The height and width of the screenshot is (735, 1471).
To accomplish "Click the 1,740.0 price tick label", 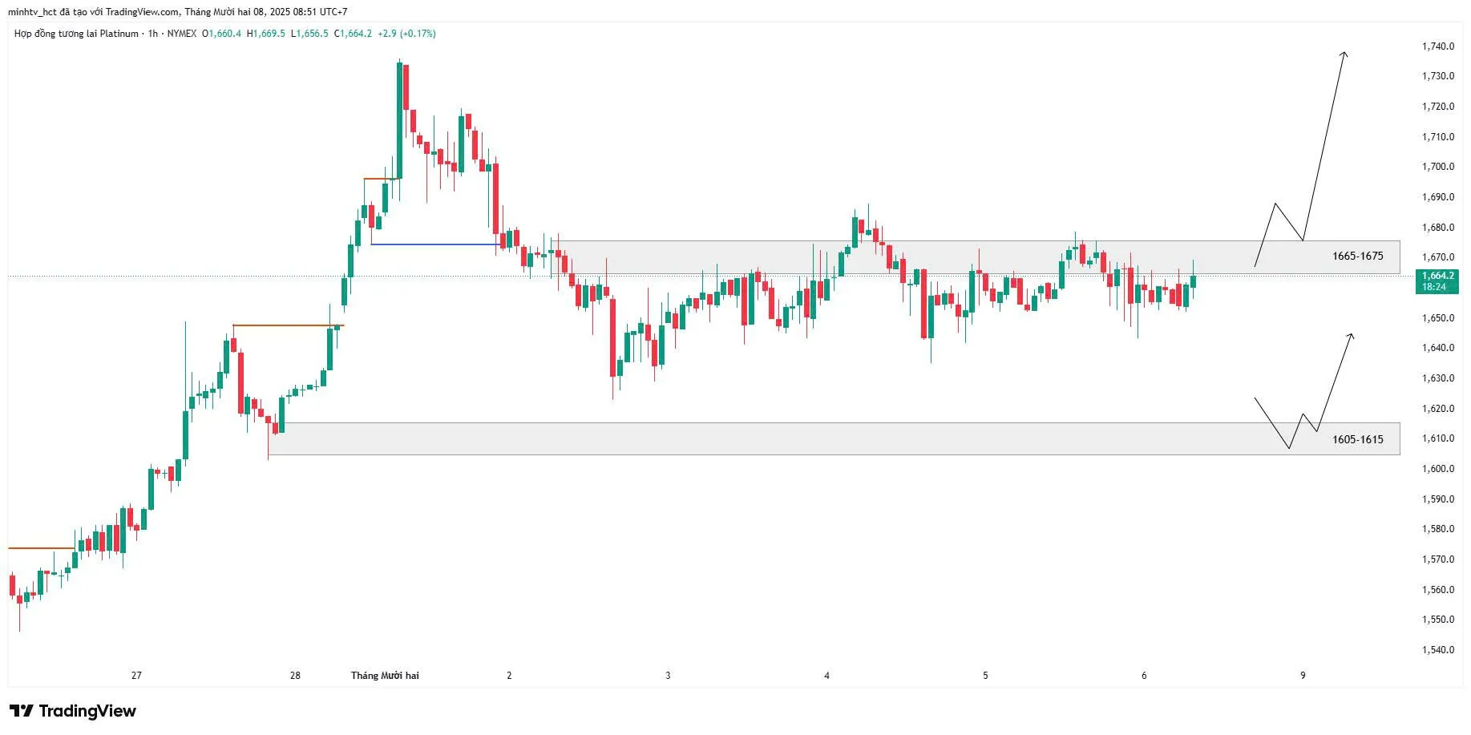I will (x=1437, y=46).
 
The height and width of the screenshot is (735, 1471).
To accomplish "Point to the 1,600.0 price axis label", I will (x=1437, y=469).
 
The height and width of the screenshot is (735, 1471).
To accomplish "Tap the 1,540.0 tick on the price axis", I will (x=1437, y=650).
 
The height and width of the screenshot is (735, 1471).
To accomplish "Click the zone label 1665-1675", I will (x=1357, y=256).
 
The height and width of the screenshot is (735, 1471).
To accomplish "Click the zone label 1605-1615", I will (x=1357, y=439).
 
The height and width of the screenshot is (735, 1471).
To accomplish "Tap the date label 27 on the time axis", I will (x=136, y=676).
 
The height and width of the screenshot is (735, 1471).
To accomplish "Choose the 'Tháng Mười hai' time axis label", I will (x=385, y=676).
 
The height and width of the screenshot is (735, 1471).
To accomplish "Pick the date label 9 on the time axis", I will (x=1303, y=676).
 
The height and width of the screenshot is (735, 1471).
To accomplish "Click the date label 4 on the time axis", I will (x=826, y=676).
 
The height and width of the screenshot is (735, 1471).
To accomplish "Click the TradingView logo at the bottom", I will (x=73, y=711).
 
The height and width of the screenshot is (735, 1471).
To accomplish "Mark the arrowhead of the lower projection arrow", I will (x=1352, y=335).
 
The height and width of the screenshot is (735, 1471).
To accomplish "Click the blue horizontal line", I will (x=434, y=244).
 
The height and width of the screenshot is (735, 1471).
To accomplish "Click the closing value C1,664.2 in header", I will (x=354, y=34).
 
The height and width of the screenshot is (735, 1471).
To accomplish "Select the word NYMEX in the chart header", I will (x=182, y=34).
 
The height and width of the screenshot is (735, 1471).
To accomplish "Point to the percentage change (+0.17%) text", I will (x=418, y=34).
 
